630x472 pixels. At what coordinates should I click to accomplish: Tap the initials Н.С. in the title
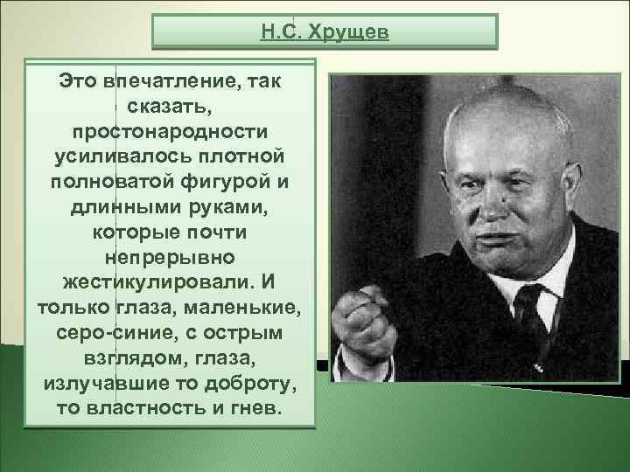pos(281,32)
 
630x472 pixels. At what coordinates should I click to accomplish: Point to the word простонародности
pos(170,130)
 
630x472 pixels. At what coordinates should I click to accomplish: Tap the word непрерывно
pos(170,260)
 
